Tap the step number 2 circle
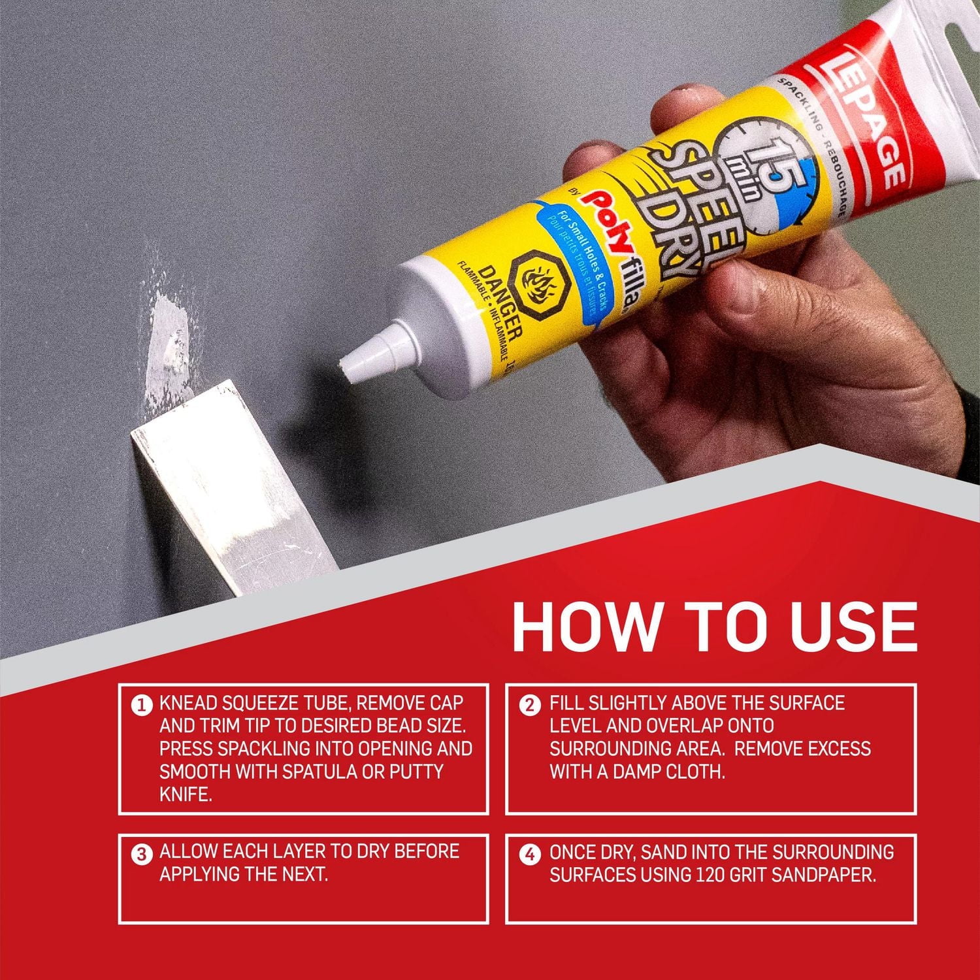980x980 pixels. pyautogui.click(x=530, y=706)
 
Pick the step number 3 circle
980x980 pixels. pyautogui.click(x=140, y=854)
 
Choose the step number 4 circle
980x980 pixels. pyautogui.click(x=530, y=854)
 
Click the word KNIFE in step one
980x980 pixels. pyautogui.click(x=186, y=794)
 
